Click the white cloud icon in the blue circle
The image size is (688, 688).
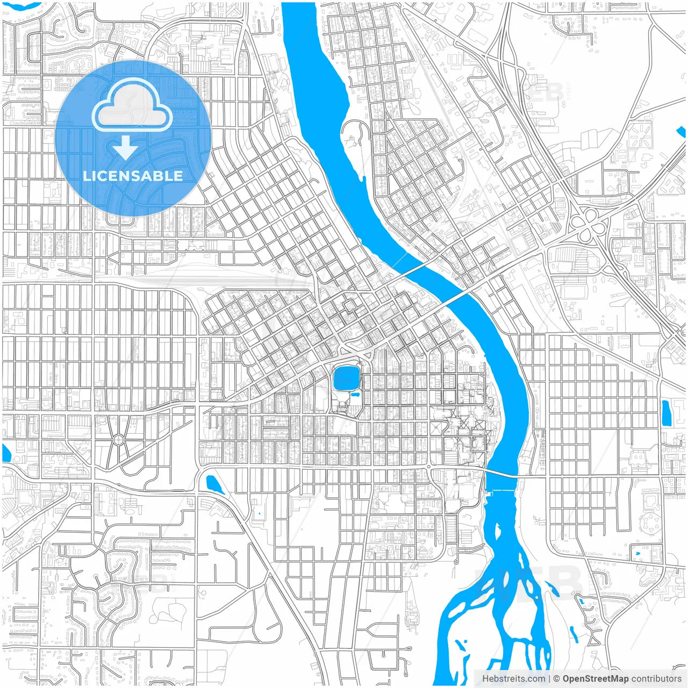[x=132, y=107]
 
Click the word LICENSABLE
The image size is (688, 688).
[x=132, y=176]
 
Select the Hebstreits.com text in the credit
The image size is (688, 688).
[x=513, y=678]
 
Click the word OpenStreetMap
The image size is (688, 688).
[x=596, y=678]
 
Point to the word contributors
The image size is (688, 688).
[x=656, y=678]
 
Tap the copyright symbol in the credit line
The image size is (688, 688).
[x=556, y=678]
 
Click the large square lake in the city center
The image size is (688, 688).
[x=347, y=379]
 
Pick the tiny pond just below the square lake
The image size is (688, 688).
[x=355, y=395]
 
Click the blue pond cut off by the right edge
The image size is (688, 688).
[x=682, y=132]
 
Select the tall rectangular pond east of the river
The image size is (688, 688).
[x=665, y=413]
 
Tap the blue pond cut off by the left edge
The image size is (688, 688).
[x=5, y=453]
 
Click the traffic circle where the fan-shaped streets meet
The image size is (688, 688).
[x=118, y=440]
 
